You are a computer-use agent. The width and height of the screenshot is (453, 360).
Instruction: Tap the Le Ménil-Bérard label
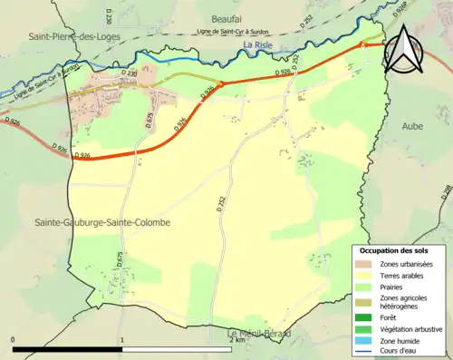point(258,334)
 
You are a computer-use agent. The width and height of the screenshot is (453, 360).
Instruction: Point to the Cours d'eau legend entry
point(400,350)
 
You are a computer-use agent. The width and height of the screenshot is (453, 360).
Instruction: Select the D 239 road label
point(107,15)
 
